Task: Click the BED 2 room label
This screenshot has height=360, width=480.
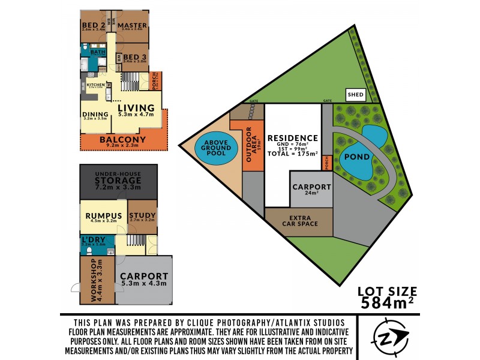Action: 93,25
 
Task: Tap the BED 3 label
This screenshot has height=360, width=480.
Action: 135,58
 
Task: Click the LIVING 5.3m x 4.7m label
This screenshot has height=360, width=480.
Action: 136,110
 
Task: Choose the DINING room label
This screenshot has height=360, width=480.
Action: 95,115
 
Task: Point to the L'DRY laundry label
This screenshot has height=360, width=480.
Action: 94,241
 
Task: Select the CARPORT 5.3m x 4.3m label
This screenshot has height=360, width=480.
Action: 145,279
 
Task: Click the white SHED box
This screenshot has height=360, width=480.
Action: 354,95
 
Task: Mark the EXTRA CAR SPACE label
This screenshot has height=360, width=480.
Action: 298,221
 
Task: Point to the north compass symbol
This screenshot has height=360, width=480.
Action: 390,335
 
